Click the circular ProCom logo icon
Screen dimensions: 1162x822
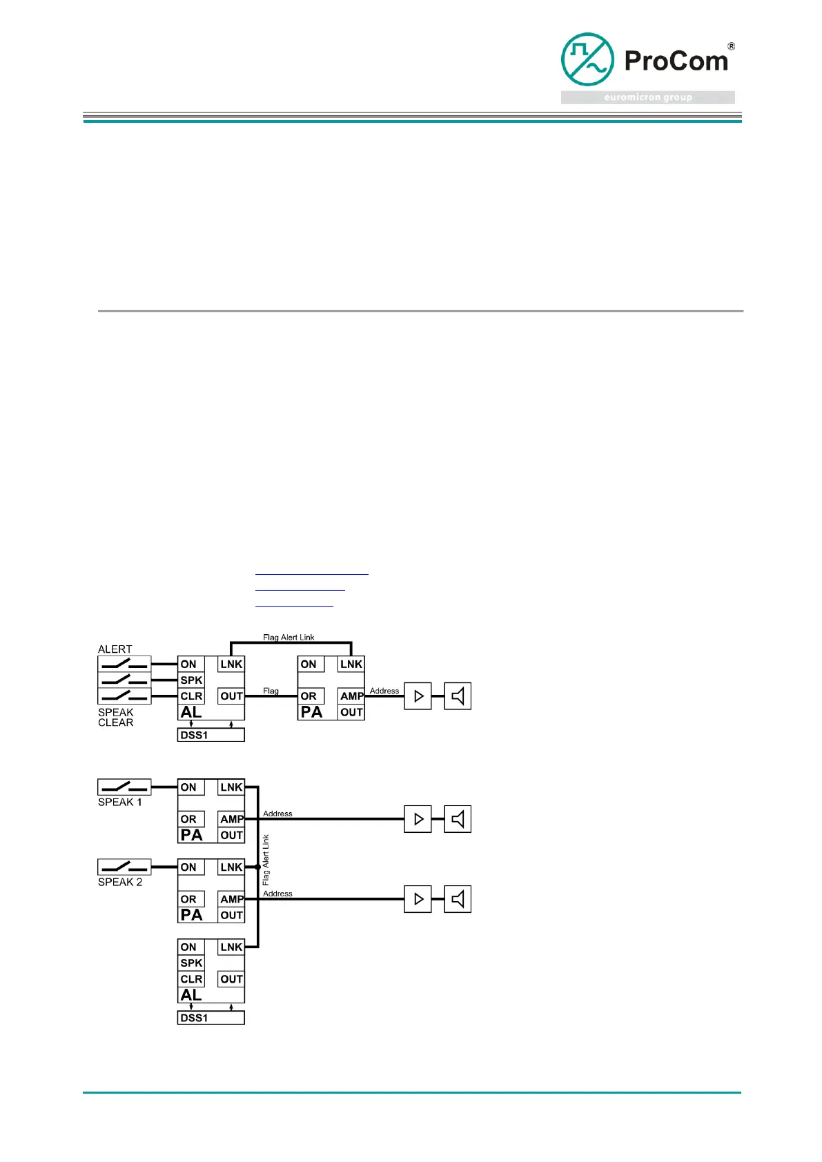pyautogui.click(x=587, y=59)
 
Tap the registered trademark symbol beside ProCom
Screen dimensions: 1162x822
pyautogui.click(x=731, y=47)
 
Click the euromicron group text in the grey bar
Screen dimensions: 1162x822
pyautogui.click(x=647, y=97)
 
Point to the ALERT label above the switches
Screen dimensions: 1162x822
pyautogui.click(x=115, y=649)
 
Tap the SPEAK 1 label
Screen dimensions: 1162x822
pyautogui.click(x=120, y=802)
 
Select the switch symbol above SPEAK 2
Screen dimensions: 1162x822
pyautogui.click(x=124, y=867)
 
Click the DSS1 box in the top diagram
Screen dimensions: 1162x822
pyautogui.click(x=211, y=735)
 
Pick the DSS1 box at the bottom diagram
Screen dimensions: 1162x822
pyautogui.click(x=211, y=1018)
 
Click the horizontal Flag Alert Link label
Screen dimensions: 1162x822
pyautogui.click(x=288, y=638)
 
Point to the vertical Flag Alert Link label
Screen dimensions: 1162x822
pyautogui.click(x=266, y=860)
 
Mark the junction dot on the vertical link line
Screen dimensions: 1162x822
pyautogui.click(x=257, y=867)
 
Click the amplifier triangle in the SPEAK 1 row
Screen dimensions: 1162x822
pyautogui.click(x=418, y=819)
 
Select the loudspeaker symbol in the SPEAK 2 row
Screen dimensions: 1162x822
pyautogui.click(x=457, y=899)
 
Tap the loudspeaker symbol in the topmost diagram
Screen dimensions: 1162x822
pyautogui.click(x=457, y=696)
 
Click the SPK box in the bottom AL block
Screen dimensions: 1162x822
pyautogui.click(x=191, y=963)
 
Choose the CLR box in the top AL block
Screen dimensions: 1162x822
pyautogui.click(x=191, y=696)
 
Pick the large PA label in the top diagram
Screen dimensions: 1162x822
pyautogui.click(x=311, y=712)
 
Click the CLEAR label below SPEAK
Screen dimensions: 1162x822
pyautogui.click(x=115, y=722)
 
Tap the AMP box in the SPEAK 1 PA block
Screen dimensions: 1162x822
pyautogui.click(x=232, y=819)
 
